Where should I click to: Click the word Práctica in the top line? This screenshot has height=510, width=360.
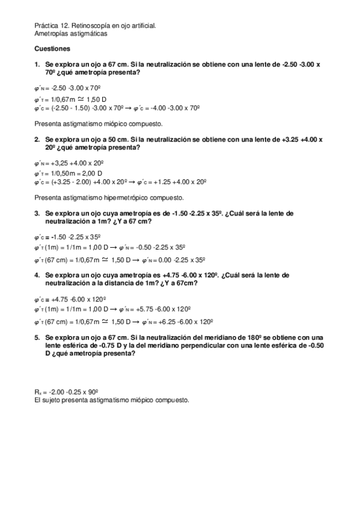pos(46,26)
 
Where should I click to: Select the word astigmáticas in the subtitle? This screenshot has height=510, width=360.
pos(90,34)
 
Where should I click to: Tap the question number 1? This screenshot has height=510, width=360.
pos(36,63)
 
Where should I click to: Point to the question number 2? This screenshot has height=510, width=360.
pos(36,139)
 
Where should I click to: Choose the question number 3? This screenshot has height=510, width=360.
pos(36,214)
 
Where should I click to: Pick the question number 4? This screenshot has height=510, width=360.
pos(36,275)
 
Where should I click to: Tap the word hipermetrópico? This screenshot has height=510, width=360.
pos(126,197)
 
